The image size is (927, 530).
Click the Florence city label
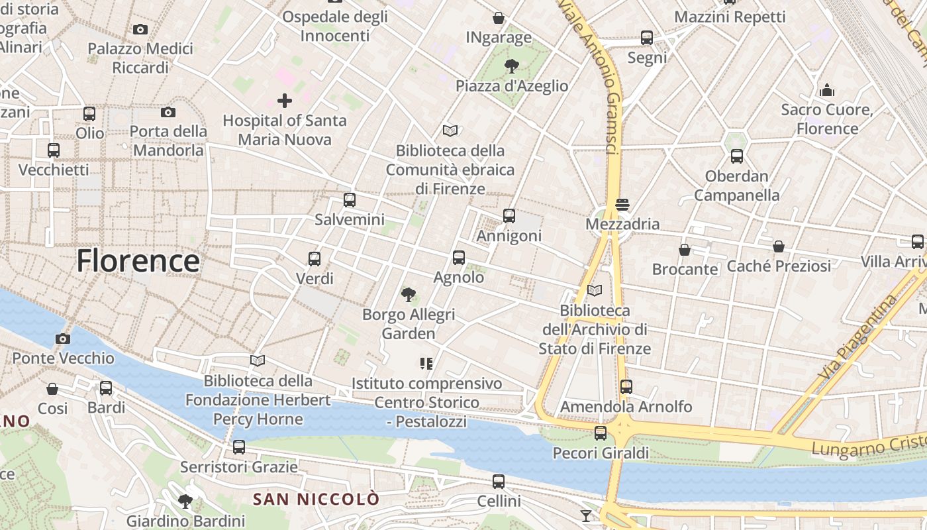[x=138, y=261]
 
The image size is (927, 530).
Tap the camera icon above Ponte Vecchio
[x=63, y=339]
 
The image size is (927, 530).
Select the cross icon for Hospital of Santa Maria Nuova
[x=285, y=101]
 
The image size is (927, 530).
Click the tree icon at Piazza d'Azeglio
[x=511, y=66]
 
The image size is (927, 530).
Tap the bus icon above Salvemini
[x=350, y=199]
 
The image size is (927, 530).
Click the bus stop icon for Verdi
[x=315, y=259]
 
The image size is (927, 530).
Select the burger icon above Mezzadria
[x=622, y=204]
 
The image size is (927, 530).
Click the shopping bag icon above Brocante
[x=685, y=250]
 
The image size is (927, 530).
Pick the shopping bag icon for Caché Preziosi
[x=779, y=246]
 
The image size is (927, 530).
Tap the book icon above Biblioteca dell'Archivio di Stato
[x=595, y=290]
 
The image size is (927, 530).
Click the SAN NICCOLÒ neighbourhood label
[x=317, y=499]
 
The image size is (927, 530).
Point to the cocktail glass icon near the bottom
[x=586, y=515]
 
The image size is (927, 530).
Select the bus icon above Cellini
[x=499, y=482]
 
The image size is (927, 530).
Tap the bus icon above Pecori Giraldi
[x=601, y=433]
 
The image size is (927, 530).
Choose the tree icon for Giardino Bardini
[x=185, y=501]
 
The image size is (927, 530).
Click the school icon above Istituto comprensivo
[x=426, y=363]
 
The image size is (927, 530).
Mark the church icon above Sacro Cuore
[x=826, y=90]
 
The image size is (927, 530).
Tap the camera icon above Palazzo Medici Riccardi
[x=140, y=29]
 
